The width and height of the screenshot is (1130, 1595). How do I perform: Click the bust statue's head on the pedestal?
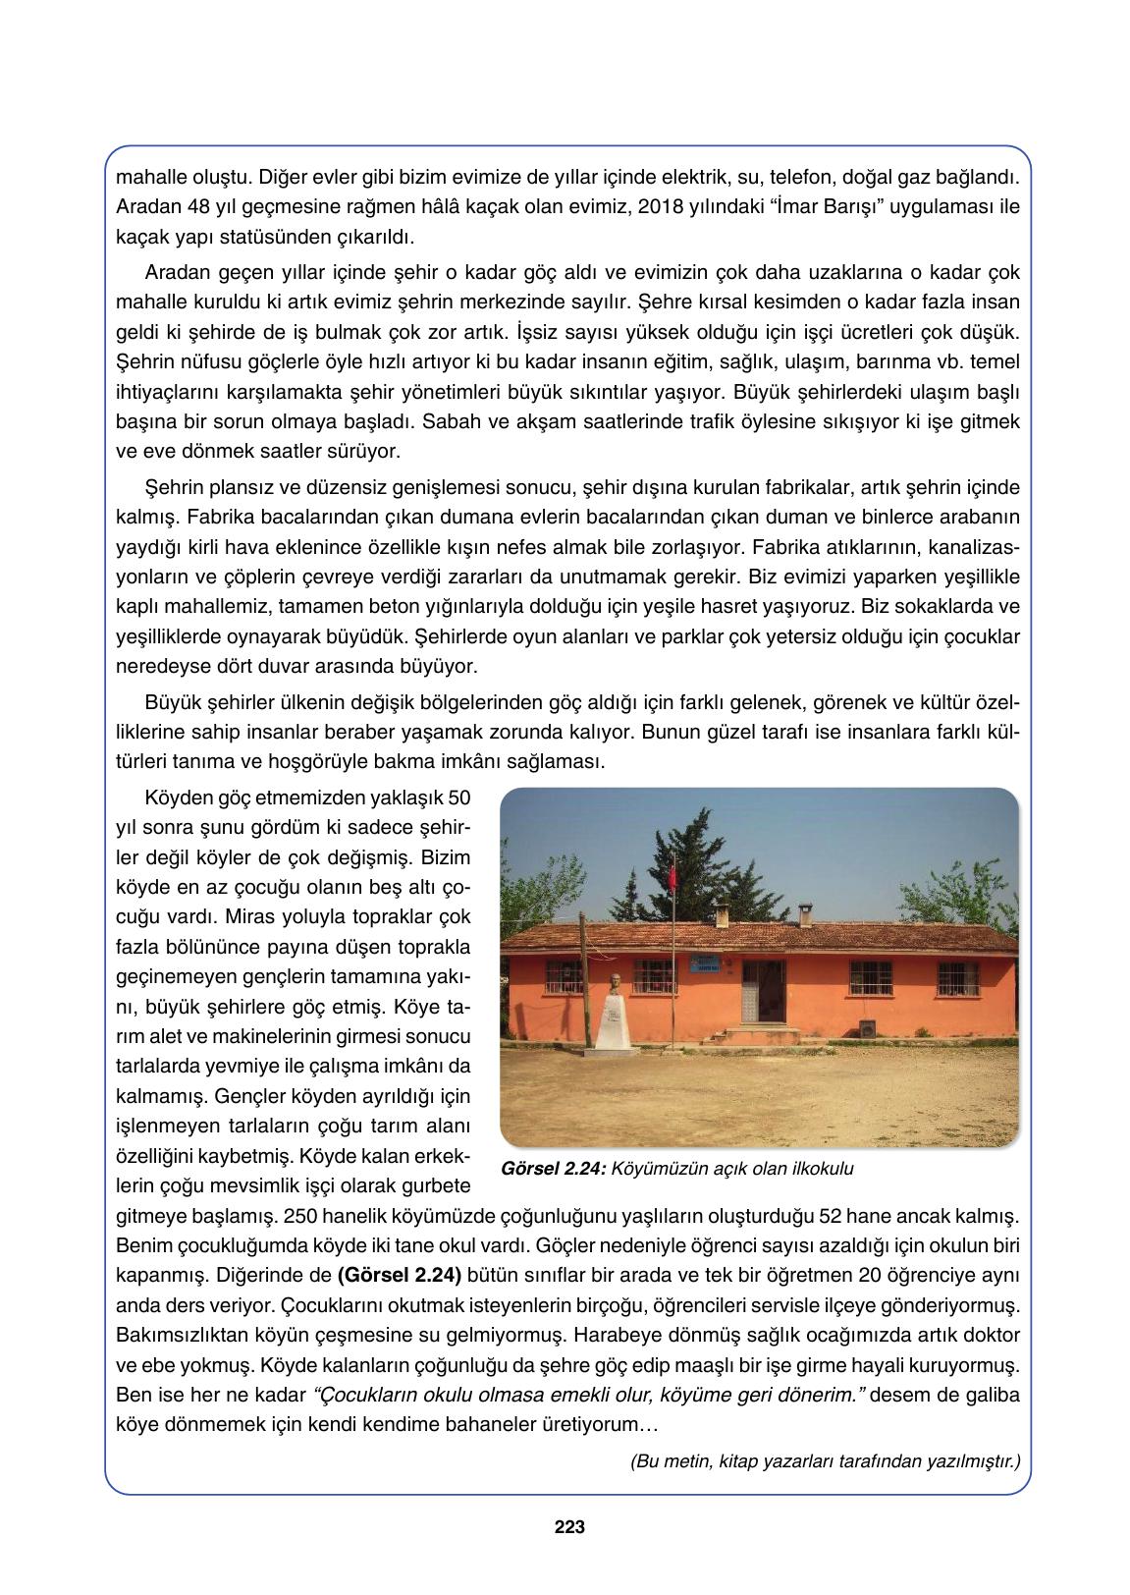(x=613, y=982)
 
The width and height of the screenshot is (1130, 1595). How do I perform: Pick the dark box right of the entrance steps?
(x=867, y=1027)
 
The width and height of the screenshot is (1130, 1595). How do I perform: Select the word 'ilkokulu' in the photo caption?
(x=825, y=1169)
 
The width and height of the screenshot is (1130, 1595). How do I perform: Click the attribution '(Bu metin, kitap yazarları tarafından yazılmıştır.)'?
(x=825, y=1460)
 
